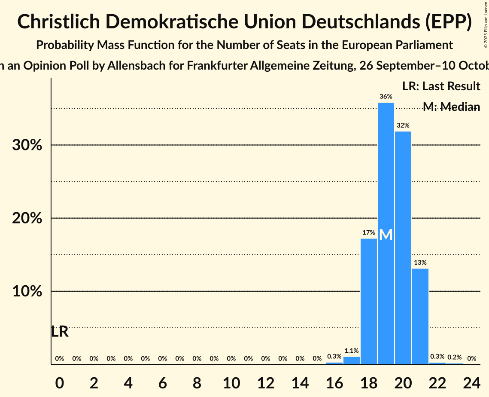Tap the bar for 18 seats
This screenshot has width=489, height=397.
(369, 301)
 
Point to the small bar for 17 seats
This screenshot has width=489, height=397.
(352, 360)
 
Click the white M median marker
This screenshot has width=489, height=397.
(386, 235)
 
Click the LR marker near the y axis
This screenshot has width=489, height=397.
(60, 332)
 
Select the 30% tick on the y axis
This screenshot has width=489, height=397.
(27, 145)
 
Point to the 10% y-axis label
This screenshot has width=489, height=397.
(27, 291)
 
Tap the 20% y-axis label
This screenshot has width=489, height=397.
(27, 218)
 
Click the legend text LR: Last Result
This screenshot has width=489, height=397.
(441, 86)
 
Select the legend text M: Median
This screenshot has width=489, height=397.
(451, 107)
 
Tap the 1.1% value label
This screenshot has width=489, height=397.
(351, 351)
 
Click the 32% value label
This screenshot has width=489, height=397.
(403, 125)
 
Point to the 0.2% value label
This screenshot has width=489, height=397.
(455, 357)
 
